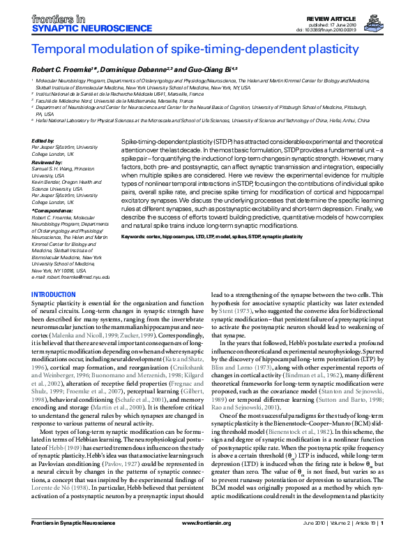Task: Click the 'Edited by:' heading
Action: (x=43, y=141)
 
